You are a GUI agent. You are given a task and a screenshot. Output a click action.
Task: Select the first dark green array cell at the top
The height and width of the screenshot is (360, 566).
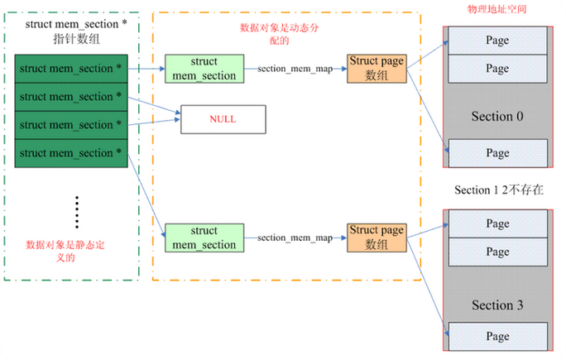70,69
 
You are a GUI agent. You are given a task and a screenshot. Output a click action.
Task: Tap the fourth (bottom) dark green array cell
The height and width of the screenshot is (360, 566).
70,153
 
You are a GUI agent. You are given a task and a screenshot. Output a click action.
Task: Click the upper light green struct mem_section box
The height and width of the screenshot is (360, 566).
204,69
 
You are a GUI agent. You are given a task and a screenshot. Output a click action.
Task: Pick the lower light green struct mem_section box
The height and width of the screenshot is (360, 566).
204,238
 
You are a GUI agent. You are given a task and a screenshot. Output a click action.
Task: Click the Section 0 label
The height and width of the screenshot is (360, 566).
497,117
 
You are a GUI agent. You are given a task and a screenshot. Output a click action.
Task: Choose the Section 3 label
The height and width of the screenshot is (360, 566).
497,305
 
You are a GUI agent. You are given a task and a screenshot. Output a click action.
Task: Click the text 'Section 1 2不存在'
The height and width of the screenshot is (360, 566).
499,190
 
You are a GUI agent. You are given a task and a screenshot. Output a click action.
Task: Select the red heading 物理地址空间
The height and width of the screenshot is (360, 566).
497,8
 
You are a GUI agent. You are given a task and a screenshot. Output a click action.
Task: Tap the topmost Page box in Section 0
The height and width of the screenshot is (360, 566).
497,40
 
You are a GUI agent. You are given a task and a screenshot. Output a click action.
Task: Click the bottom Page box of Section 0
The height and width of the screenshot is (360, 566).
497,153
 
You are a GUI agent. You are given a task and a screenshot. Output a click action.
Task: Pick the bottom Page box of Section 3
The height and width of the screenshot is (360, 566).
497,337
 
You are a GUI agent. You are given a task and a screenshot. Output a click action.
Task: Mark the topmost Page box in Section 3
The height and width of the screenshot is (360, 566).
497,223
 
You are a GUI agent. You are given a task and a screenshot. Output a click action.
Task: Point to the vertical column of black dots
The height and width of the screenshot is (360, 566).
77,213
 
